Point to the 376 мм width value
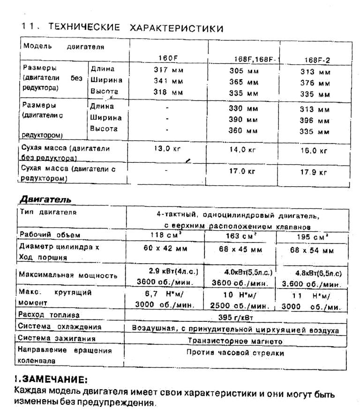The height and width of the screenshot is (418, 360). pos(315,83)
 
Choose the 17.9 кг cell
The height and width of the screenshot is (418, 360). pos(313,172)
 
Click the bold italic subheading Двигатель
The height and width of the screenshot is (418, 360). pos(45,199)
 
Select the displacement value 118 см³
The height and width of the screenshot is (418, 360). pos(165,235)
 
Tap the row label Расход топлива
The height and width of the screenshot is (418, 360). pos(48,314)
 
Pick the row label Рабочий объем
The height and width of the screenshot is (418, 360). pos(50,234)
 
